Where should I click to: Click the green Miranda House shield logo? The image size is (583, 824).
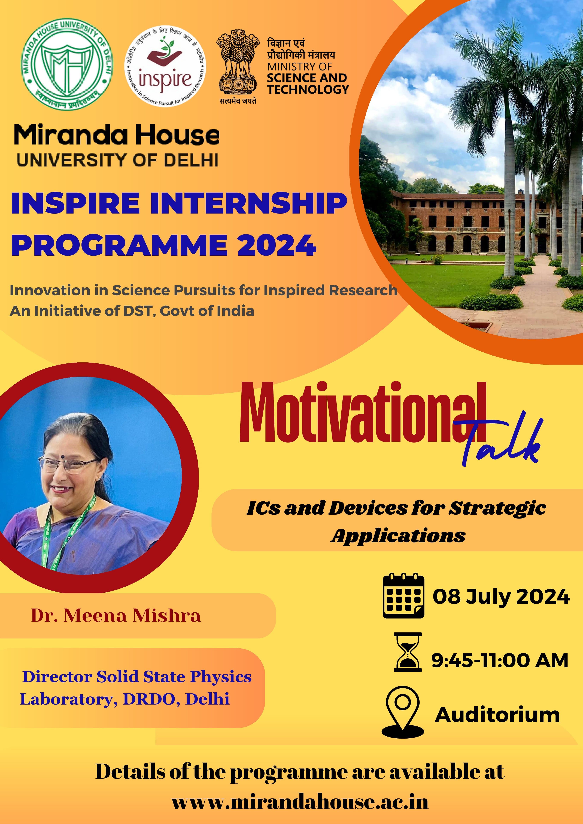coord(67,65)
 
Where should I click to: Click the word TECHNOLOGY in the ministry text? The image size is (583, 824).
coord(308,89)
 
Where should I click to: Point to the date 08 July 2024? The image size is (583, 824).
coord(501,597)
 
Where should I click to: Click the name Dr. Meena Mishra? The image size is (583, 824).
coord(116,615)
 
